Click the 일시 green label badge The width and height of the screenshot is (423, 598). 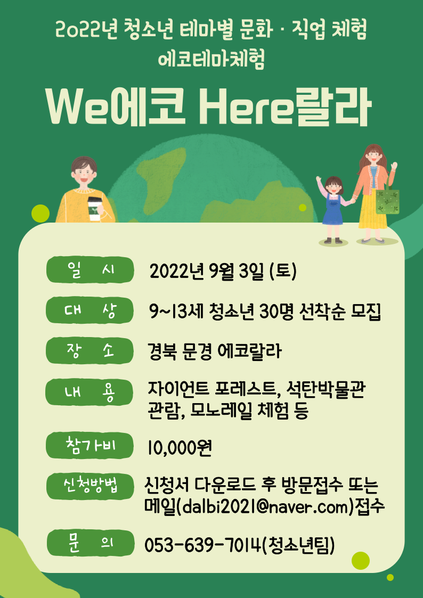[x=90, y=269]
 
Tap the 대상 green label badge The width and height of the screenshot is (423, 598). [x=90, y=310]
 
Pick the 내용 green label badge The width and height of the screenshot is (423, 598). [x=90, y=392]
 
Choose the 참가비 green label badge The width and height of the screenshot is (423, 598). [x=90, y=446]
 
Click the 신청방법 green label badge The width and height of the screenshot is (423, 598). [x=90, y=486]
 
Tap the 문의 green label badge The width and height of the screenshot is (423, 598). [x=90, y=543]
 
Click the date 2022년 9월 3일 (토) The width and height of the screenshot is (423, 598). [x=223, y=272]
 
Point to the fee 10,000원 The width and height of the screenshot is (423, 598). [x=180, y=448]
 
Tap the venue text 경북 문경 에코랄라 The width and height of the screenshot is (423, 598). [x=215, y=351]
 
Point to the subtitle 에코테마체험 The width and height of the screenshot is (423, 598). [x=211, y=60]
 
